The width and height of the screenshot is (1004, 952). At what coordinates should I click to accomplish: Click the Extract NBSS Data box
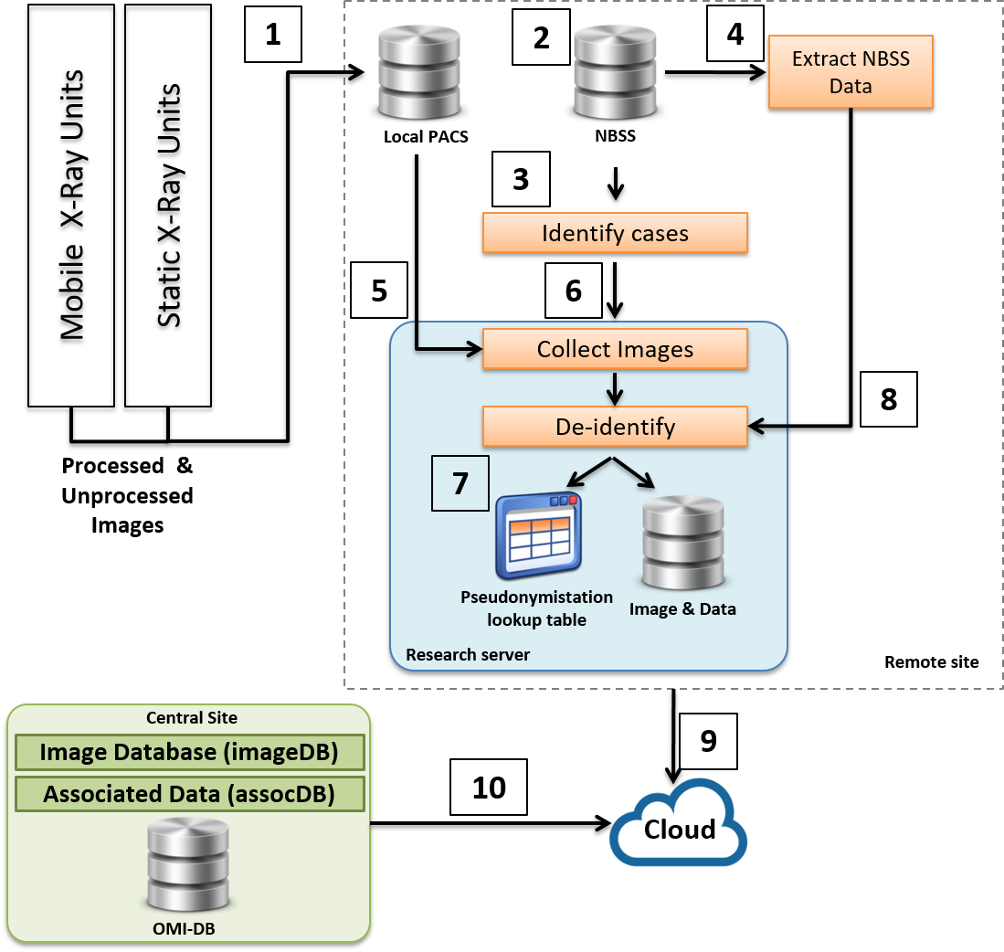click(x=851, y=72)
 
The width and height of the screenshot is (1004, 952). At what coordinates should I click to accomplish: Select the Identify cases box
click(x=615, y=233)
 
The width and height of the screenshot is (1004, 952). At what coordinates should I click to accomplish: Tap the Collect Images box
click(x=615, y=349)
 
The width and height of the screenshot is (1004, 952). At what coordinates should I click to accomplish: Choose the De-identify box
click(x=615, y=427)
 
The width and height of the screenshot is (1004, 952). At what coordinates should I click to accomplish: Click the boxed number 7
click(x=460, y=482)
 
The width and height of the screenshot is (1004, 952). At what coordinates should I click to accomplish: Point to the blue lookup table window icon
click(x=539, y=536)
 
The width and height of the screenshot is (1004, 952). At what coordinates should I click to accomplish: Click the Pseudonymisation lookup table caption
click(x=536, y=608)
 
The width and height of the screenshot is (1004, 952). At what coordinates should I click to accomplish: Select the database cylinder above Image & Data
click(x=683, y=543)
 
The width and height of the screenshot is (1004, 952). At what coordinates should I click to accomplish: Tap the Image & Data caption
click(x=682, y=609)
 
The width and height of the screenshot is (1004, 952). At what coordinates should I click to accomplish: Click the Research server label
click(x=468, y=655)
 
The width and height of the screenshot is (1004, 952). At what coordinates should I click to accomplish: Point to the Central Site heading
click(x=192, y=718)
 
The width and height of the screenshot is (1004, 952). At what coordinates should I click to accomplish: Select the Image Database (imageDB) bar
click(x=189, y=753)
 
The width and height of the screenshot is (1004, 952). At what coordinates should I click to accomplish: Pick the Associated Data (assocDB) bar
click(x=189, y=794)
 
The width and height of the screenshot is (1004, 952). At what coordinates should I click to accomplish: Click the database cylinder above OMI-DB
click(x=188, y=864)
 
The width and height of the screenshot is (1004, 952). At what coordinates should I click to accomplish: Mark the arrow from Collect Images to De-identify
click(x=615, y=387)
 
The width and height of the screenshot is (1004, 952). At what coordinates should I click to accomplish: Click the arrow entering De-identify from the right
click(x=767, y=426)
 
